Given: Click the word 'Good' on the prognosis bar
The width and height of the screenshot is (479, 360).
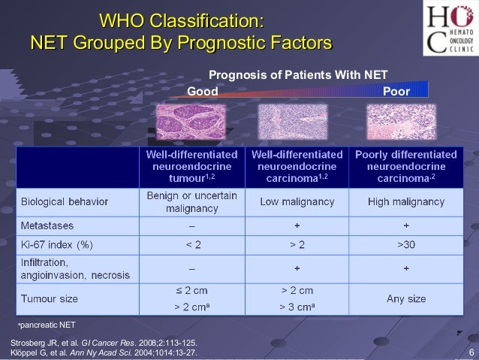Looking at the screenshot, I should [x=202, y=91].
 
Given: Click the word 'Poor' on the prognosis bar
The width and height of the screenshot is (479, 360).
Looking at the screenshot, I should [x=396, y=91].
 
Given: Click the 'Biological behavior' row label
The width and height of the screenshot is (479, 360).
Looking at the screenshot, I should [x=65, y=201].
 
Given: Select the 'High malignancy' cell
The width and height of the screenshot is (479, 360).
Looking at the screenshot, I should [x=406, y=201].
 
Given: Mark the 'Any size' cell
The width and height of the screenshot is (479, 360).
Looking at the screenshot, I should [x=406, y=298].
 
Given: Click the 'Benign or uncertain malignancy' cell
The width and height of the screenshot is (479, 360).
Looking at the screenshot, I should [x=191, y=201].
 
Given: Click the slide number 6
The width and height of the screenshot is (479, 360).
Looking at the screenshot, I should [x=470, y=354].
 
